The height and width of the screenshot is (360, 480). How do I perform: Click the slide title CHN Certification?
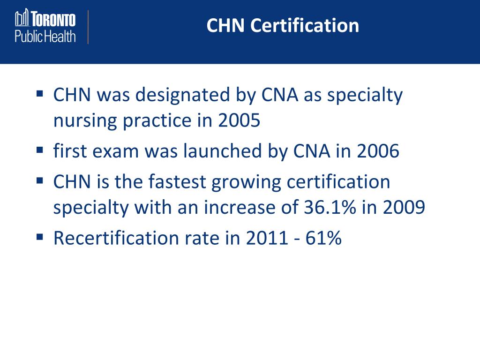tap(283, 25)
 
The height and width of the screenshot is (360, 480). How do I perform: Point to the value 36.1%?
tap(326, 208)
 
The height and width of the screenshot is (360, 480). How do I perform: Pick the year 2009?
tap(404, 208)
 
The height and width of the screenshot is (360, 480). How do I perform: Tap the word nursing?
tap(85, 122)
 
